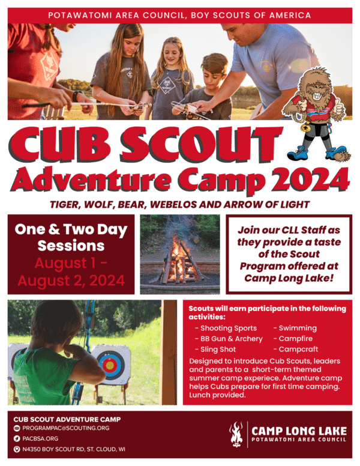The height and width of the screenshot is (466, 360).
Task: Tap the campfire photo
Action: [179, 253]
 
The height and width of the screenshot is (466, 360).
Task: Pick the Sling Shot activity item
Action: [218, 349]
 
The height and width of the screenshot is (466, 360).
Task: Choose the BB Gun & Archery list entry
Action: [232, 339]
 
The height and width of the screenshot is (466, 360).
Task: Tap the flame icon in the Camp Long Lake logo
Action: [236, 434]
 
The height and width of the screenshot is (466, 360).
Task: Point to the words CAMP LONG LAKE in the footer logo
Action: [298, 430]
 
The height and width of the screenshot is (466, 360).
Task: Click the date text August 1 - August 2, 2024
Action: [71, 271]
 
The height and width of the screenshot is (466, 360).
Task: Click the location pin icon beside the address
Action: [17, 449]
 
